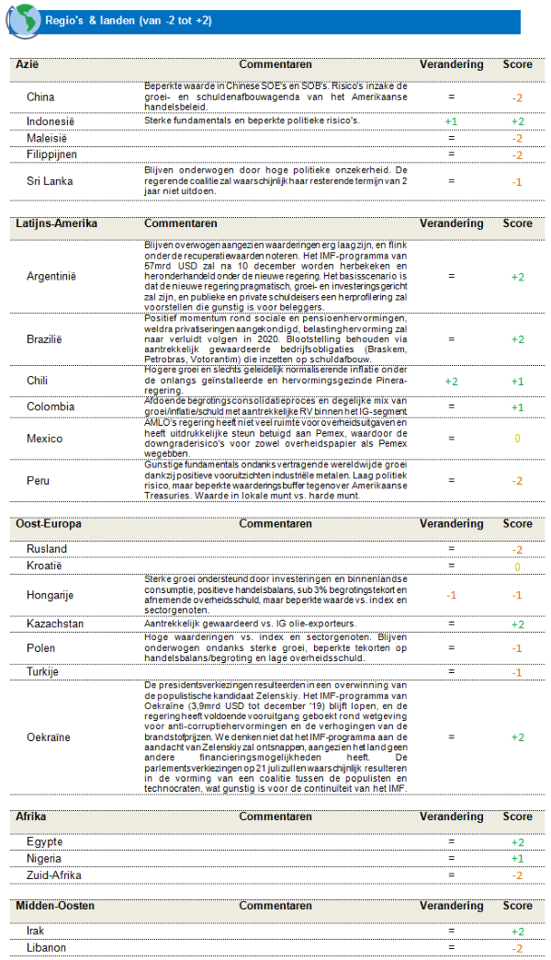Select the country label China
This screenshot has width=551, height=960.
(40, 97)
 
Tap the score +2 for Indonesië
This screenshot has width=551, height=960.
(517, 121)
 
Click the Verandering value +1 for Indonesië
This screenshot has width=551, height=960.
(451, 121)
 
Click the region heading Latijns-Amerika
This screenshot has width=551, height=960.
(56, 223)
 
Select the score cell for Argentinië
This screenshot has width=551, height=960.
(517, 277)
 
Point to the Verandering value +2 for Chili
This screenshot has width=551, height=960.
(451, 381)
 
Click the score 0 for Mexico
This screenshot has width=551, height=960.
(517, 439)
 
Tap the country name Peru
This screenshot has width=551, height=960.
(39, 480)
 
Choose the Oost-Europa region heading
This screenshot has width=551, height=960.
(49, 524)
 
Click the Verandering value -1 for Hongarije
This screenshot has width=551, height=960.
(451, 595)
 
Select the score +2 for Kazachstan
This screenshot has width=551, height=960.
(517, 624)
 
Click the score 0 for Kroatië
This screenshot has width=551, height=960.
(517, 566)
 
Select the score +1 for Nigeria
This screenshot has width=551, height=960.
(517, 859)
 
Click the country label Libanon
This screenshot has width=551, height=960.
(46, 948)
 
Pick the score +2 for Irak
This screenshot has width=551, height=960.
(517, 931)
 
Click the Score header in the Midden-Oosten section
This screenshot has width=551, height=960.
(517, 906)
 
